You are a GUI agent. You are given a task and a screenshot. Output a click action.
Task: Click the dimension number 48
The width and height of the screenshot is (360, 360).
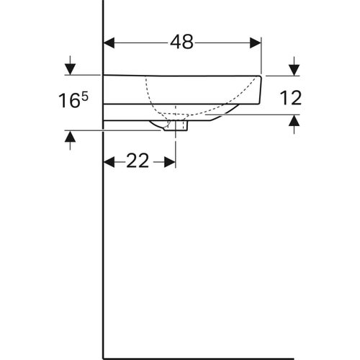(x=182, y=42)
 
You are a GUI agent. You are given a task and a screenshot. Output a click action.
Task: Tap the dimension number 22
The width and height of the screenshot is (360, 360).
(x=138, y=161)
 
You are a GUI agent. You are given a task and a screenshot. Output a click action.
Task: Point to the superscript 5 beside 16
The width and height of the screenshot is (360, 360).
(x=85, y=95)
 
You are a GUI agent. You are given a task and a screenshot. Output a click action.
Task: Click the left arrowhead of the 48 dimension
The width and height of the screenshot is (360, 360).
(x=109, y=42)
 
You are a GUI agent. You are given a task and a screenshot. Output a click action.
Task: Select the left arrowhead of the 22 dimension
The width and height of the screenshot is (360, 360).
(x=109, y=161)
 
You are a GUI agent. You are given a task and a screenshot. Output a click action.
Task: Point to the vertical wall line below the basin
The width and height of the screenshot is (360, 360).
(x=104, y=252)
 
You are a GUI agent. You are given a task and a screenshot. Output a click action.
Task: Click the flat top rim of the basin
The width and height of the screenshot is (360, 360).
(x=180, y=75)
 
